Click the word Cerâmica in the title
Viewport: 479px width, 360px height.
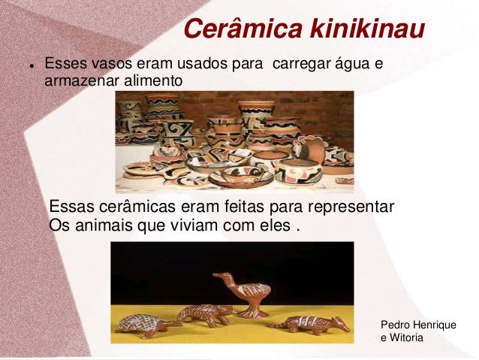tap(243, 29)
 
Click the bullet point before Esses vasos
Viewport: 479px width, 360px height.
tap(32, 65)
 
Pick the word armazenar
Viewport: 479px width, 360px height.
tap(82, 82)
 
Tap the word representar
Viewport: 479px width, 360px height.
tap(351, 207)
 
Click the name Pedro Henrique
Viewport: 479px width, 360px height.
tap(418, 325)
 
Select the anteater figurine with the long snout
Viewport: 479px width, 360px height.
tap(310, 325)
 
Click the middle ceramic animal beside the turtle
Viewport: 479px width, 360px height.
tap(206, 315)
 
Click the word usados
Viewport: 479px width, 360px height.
tap(202, 64)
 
